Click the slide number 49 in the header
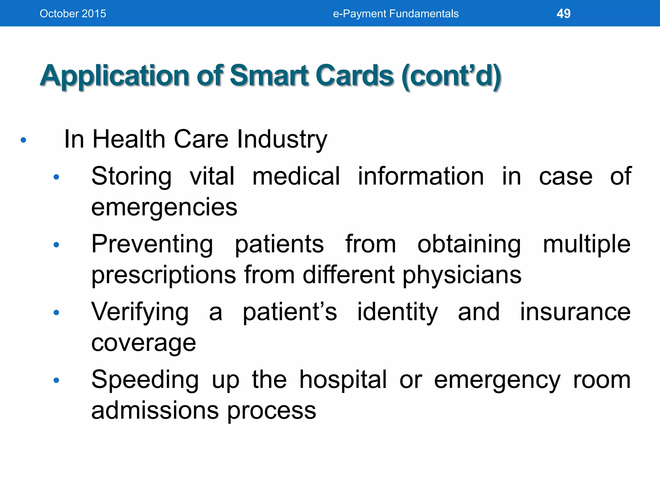tap(563, 14)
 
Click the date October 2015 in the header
tap(73, 14)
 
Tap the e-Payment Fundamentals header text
tap(395, 14)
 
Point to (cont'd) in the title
tap(451, 76)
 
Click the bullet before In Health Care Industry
tap(23, 140)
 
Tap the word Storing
tap(131, 177)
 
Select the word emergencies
tap(164, 208)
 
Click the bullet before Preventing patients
tap(56, 245)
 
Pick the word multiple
tap(587, 244)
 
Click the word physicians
tap(462, 275)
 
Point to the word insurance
tap(575, 312)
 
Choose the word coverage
tap(143, 343)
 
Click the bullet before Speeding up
tap(56, 381)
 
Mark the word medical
tap(296, 176)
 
